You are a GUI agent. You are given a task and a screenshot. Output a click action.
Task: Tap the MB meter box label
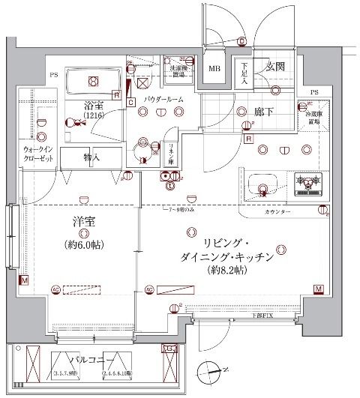[x=215, y=70]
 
